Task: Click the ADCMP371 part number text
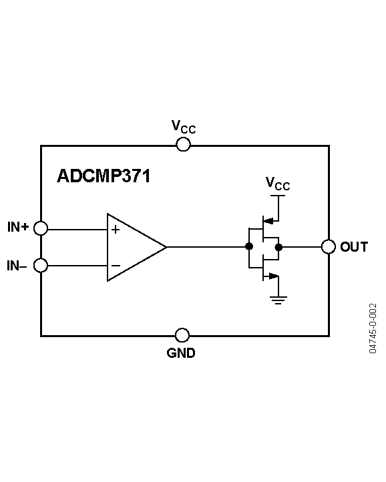pyautogui.click(x=104, y=176)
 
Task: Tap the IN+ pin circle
pyautogui.click(x=41, y=228)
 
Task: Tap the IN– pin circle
pyautogui.click(x=41, y=266)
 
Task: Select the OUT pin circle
pyautogui.click(x=328, y=247)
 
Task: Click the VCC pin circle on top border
pyautogui.click(x=183, y=145)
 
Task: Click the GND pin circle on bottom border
pyautogui.click(x=182, y=335)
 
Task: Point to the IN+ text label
pyautogui.click(x=18, y=228)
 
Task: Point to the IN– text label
pyautogui.click(x=17, y=266)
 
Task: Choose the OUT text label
pyautogui.click(x=354, y=247)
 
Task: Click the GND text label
pyautogui.click(x=181, y=354)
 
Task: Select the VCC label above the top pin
pyautogui.click(x=184, y=127)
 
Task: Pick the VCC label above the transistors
pyautogui.click(x=278, y=184)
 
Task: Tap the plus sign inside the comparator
pyautogui.click(x=116, y=230)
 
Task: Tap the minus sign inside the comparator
pyautogui.click(x=116, y=266)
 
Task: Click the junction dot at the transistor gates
pyautogui.click(x=248, y=247)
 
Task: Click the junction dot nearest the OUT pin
pyautogui.click(x=278, y=247)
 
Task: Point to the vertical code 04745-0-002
pyautogui.click(x=373, y=328)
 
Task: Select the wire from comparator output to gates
pyautogui.click(x=207, y=247)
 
